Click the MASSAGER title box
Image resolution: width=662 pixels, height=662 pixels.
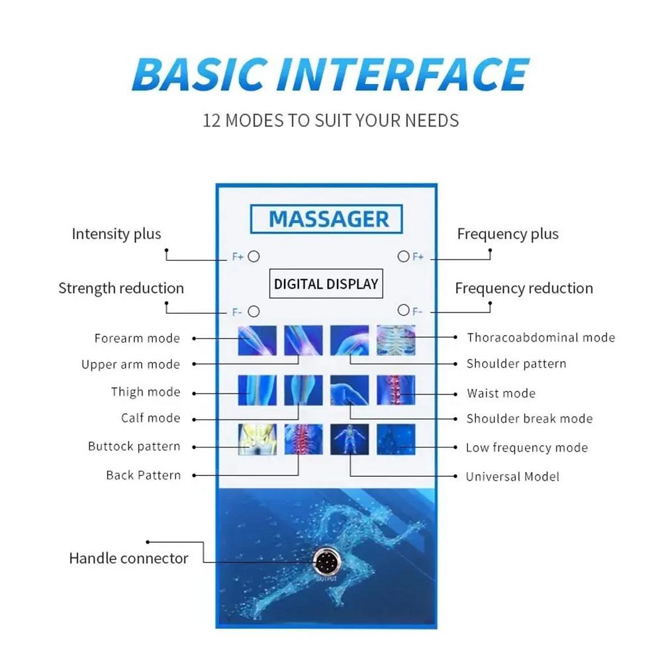(x=326, y=218)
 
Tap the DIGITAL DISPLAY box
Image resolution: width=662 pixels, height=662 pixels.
(x=326, y=284)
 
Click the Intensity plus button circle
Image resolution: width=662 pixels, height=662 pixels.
(x=254, y=256)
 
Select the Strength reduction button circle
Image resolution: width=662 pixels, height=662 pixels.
(x=254, y=312)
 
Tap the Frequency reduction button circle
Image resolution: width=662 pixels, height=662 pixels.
(x=404, y=310)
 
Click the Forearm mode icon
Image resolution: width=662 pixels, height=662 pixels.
(x=257, y=340)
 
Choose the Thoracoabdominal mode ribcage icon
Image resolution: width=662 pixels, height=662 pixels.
(x=396, y=340)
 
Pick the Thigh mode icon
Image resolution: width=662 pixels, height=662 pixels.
(x=257, y=390)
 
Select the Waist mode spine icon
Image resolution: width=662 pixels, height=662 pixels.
(x=396, y=390)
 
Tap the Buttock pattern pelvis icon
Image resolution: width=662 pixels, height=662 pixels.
(x=258, y=440)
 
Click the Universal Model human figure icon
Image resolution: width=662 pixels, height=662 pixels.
(x=350, y=440)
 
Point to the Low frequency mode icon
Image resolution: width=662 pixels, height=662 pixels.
(x=396, y=440)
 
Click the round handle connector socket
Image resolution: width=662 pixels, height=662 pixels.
(x=326, y=562)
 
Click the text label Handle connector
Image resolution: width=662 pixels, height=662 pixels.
(x=128, y=558)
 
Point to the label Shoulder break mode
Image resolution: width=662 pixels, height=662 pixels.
(x=530, y=418)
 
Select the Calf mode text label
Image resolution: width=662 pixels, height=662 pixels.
(x=151, y=418)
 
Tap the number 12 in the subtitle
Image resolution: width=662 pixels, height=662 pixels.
(x=212, y=120)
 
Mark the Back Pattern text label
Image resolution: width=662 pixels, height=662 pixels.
(x=144, y=475)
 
